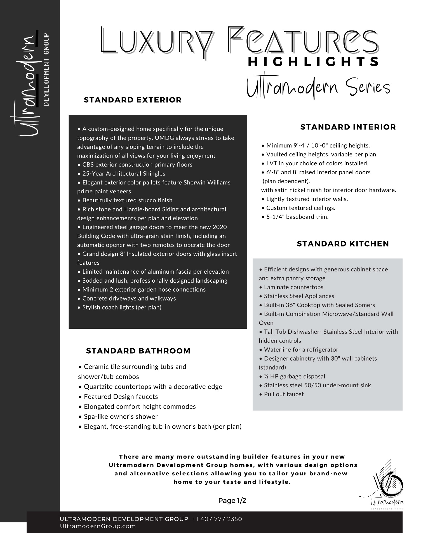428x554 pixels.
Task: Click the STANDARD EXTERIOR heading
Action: (x=133, y=100)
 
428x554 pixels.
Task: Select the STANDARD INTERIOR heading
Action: (x=348, y=127)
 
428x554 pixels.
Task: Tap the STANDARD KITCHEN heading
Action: (x=343, y=244)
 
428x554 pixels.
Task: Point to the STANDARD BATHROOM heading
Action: (x=138, y=351)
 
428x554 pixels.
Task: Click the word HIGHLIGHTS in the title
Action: (x=314, y=62)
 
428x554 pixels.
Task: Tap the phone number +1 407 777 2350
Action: (x=217, y=519)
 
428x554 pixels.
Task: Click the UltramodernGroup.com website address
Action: (x=98, y=526)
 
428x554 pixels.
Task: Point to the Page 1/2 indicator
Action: (x=232, y=501)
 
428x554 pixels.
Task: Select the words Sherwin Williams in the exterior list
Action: (x=207, y=182)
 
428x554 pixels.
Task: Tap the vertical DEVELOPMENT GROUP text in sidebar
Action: (x=47, y=70)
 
